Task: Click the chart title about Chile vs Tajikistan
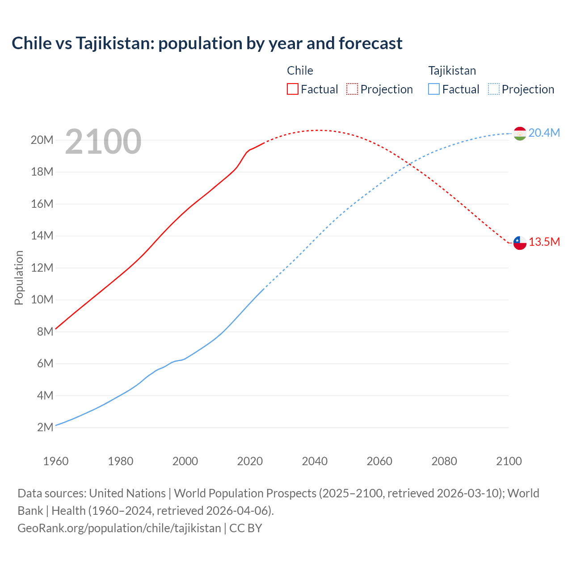(207, 43)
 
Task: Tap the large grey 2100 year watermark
(103, 142)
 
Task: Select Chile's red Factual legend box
(292, 89)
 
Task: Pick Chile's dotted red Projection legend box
(352, 89)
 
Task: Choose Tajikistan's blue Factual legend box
(434, 89)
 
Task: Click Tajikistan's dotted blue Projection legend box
(493, 89)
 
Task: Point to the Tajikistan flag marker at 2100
(520, 133)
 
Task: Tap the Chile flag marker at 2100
(520, 243)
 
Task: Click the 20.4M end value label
(544, 133)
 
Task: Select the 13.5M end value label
(544, 242)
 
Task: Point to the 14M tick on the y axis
(42, 236)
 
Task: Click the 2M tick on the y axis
(45, 427)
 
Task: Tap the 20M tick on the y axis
(42, 140)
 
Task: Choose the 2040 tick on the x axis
(315, 461)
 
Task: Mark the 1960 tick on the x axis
(56, 461)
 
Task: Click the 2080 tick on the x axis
(444, 461)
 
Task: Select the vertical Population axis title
(19, 278)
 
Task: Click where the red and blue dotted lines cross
(409, 165)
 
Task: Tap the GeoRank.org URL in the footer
(119, 528)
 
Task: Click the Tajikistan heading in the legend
(452, 71)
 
